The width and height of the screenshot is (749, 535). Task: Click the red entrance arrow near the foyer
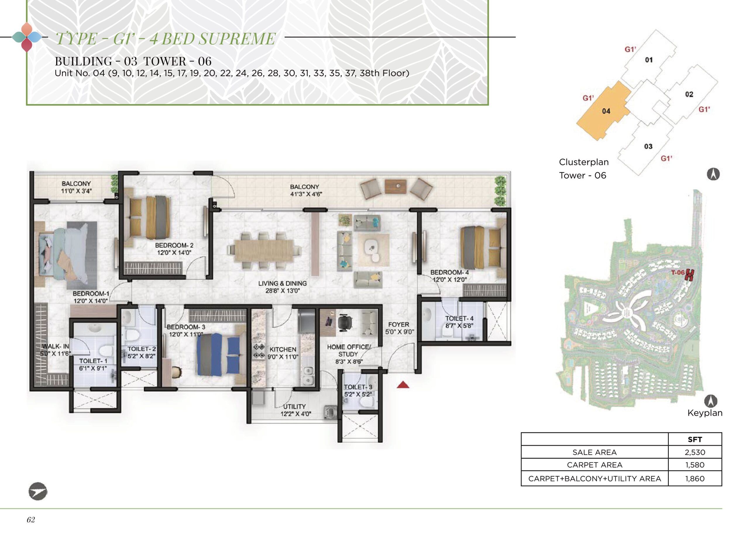pos(403,385)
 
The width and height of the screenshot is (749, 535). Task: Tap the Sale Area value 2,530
pos(695,452)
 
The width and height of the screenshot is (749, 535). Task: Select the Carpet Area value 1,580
pos(695,465)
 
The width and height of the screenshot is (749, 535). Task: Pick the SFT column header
pos(695,439)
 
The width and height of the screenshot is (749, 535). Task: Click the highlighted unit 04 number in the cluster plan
pos(606,111)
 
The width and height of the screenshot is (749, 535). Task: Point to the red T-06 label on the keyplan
pos(678,272)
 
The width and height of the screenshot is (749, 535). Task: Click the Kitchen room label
pos(283,349)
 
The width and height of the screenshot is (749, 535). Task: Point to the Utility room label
pos(294,407)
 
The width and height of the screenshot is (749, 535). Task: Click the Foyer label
pos(398,324)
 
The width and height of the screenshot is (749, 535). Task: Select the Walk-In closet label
pos(55,346)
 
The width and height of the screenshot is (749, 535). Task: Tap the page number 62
pos(31,519)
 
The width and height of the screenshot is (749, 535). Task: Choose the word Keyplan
pos(705,413)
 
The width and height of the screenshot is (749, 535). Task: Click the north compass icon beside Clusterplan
pos(713,174)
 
